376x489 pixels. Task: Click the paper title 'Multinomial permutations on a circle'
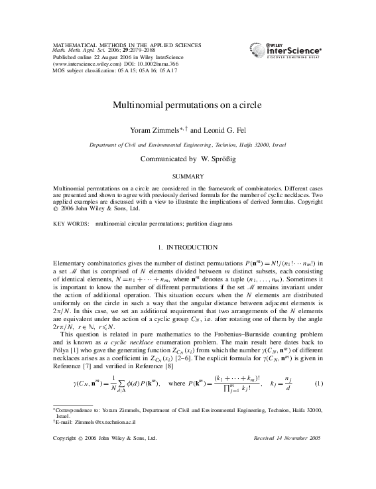click(188, 105)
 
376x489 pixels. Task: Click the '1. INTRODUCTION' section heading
click(188, 247)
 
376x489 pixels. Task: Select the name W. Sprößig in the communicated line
click(217, 159)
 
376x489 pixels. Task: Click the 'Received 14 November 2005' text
click(287, 439)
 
